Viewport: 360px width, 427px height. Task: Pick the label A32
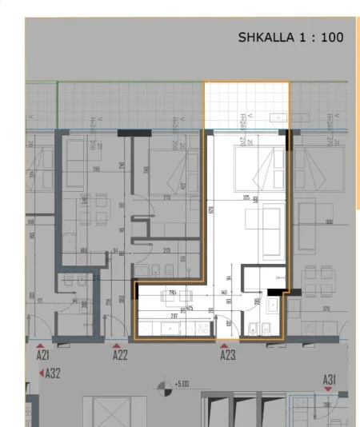54,373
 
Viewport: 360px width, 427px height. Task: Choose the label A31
330,378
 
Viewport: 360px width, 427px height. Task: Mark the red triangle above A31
328,388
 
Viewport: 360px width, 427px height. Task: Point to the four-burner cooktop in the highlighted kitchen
202,328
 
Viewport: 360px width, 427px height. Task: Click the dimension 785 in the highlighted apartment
173,293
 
